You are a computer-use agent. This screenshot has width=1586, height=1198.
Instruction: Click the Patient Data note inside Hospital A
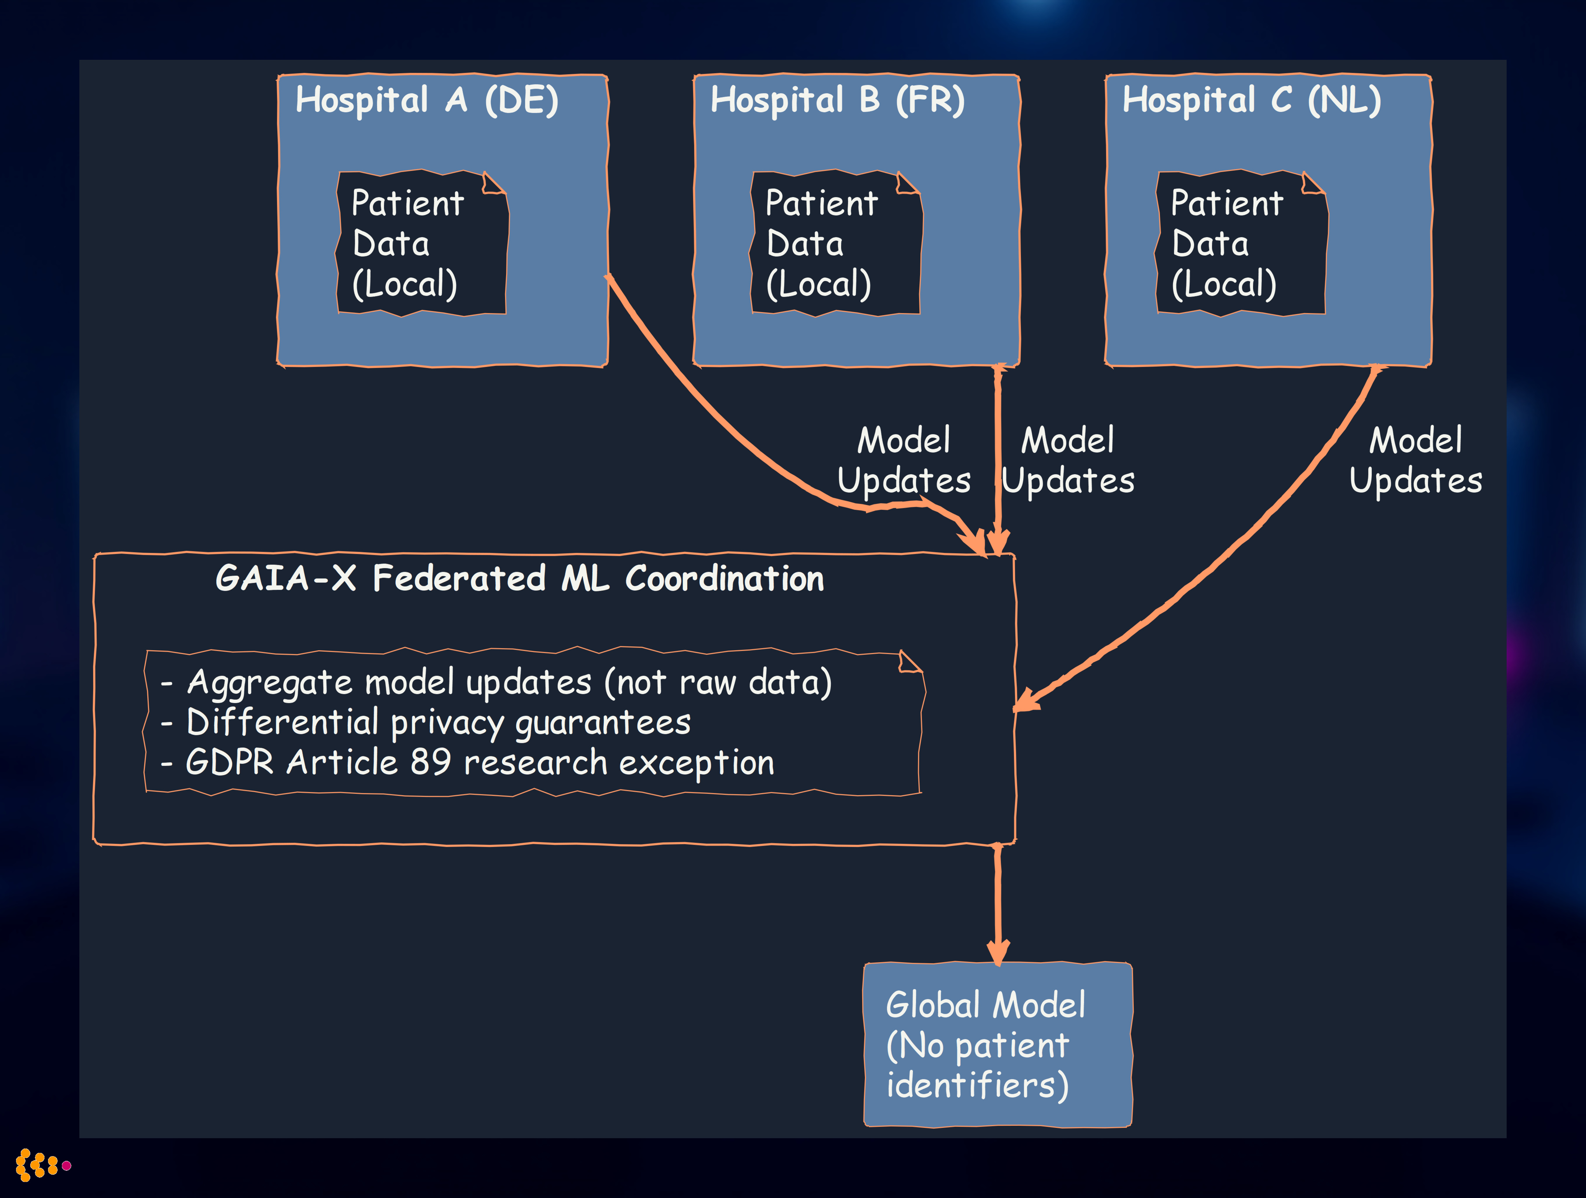pyautogui.click(x=422, y=244)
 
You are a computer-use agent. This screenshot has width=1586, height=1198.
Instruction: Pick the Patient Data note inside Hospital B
pyautogui.click(x=835, y=244)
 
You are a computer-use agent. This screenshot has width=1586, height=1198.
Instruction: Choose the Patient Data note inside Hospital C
pyautogui.click(x=1241, y=244)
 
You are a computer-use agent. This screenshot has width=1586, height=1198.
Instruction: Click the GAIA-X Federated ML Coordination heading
pyautogui.click(x=520, y=578)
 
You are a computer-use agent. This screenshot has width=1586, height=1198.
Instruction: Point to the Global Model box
pyautogui.click(x=998, y=1045)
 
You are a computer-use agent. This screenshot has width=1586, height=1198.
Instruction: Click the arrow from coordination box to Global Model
pyautogui.click(x=998, y=903)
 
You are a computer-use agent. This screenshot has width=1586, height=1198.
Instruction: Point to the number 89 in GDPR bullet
pyautogui.click(x=430, y=762)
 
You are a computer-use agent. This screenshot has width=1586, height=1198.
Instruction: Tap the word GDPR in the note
pyautogui.click(x=229, y=762)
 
